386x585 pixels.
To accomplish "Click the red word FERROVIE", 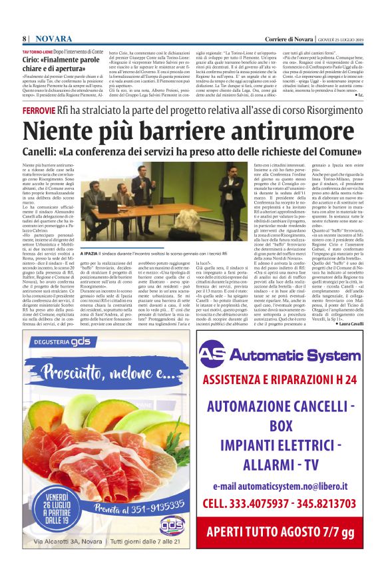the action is (37, 108).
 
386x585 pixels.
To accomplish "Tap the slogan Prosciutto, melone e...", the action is (96, 370).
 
